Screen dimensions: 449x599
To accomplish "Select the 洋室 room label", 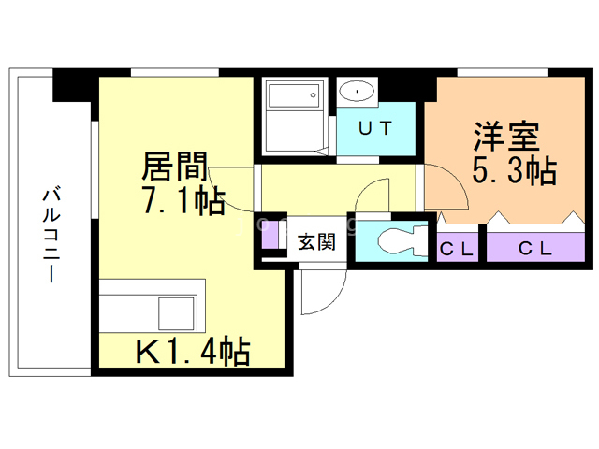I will click(x=504, y=138).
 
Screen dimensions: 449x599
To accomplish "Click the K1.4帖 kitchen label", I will click(x=193, y=352).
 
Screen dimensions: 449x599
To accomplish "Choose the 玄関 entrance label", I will click(x=316, y=242).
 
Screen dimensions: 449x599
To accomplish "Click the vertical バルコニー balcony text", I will click(x=49, y=235).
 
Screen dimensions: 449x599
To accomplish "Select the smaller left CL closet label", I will click(x=458, y=249).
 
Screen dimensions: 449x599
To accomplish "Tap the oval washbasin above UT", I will click(x=357, y=91).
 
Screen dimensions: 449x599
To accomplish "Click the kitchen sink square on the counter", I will click(x=177, y=310).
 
